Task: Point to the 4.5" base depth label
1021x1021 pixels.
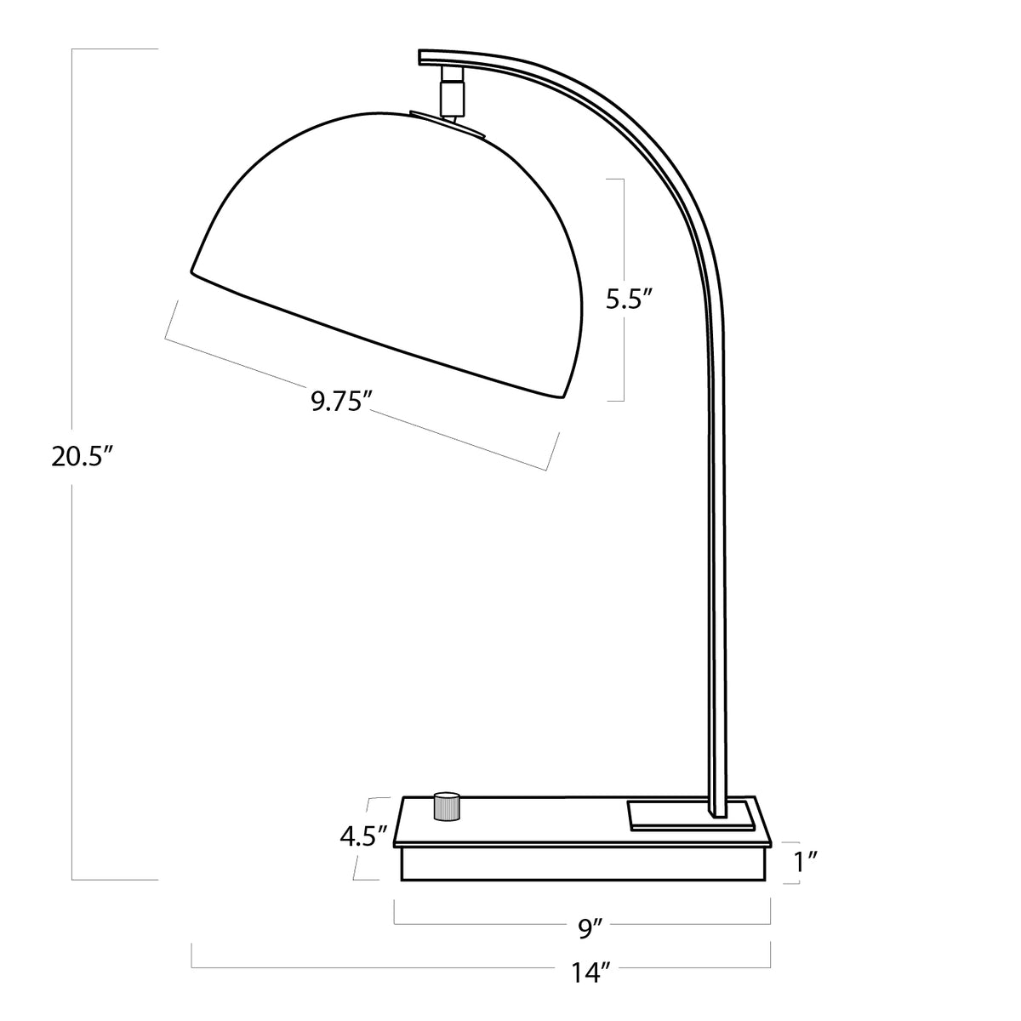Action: pos(364,836)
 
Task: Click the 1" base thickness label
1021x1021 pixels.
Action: pos(806,862)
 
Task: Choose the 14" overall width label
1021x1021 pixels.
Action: pos(594,973)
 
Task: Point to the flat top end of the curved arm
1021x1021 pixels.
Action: pos(434,58)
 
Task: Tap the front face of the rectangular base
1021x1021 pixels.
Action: pos(585,864)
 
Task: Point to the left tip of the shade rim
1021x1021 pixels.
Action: pos(193,271)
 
